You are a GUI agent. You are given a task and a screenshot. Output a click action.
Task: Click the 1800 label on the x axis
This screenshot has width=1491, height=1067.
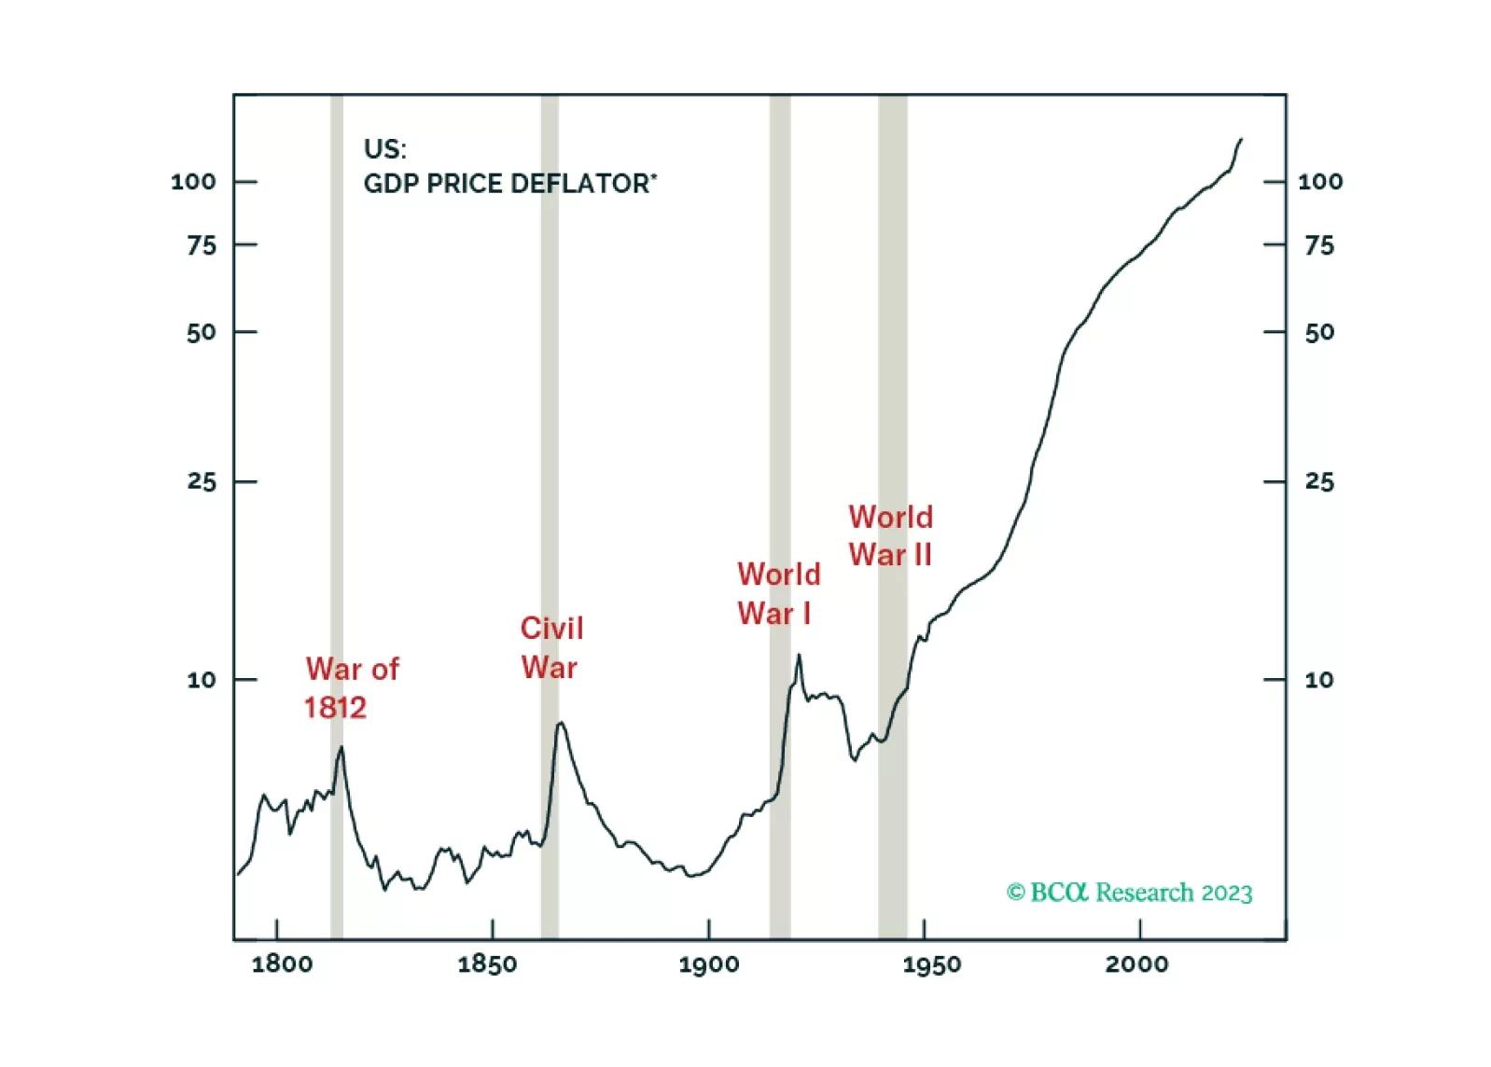tap(282, 963)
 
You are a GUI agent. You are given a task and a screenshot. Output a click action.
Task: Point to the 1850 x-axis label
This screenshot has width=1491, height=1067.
tap(487, 963)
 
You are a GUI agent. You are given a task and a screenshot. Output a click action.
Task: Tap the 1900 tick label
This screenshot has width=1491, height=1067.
tap(709, 963)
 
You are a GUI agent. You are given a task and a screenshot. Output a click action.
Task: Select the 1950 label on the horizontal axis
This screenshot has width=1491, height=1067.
tap(931, 963)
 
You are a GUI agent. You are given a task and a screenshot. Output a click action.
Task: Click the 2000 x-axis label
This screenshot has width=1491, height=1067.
tap(1136, 963)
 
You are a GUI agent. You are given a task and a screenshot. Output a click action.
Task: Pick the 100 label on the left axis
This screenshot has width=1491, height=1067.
tap(193, 182)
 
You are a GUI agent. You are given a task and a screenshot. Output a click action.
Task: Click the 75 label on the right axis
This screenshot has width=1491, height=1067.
tap(1319, 245)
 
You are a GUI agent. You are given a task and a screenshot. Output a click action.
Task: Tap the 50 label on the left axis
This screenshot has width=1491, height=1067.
tap(201, 332)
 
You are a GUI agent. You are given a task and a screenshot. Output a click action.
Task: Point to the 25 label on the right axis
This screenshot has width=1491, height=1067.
tap(1319, 481)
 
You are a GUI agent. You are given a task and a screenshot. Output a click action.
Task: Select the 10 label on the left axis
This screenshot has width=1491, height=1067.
tap(201, 680)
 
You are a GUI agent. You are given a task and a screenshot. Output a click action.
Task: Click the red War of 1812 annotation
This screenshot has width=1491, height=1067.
tap(351, 688)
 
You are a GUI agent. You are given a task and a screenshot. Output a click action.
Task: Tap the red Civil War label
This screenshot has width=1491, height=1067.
tap(551, 647)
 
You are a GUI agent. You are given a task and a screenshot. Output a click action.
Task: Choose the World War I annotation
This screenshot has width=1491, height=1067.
tap(778, 593)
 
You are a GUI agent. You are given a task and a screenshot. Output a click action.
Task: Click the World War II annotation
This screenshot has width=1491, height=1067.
tap(890, 536)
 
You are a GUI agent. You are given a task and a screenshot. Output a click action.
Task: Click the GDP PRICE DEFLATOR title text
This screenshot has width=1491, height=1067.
tap(509, 183)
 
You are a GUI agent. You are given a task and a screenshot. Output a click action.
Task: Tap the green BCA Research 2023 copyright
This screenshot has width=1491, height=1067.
tap(1129, 893)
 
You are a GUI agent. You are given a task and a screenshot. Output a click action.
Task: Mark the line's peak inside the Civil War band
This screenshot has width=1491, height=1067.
tap(560, 723)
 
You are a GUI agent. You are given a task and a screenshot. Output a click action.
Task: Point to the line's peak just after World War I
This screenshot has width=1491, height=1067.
tap(799, 655)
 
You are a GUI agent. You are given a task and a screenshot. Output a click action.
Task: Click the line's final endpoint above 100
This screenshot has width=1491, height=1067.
tap(1241, 139)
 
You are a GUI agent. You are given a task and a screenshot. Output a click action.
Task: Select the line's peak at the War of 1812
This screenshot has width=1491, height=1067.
tap(341, 747)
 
